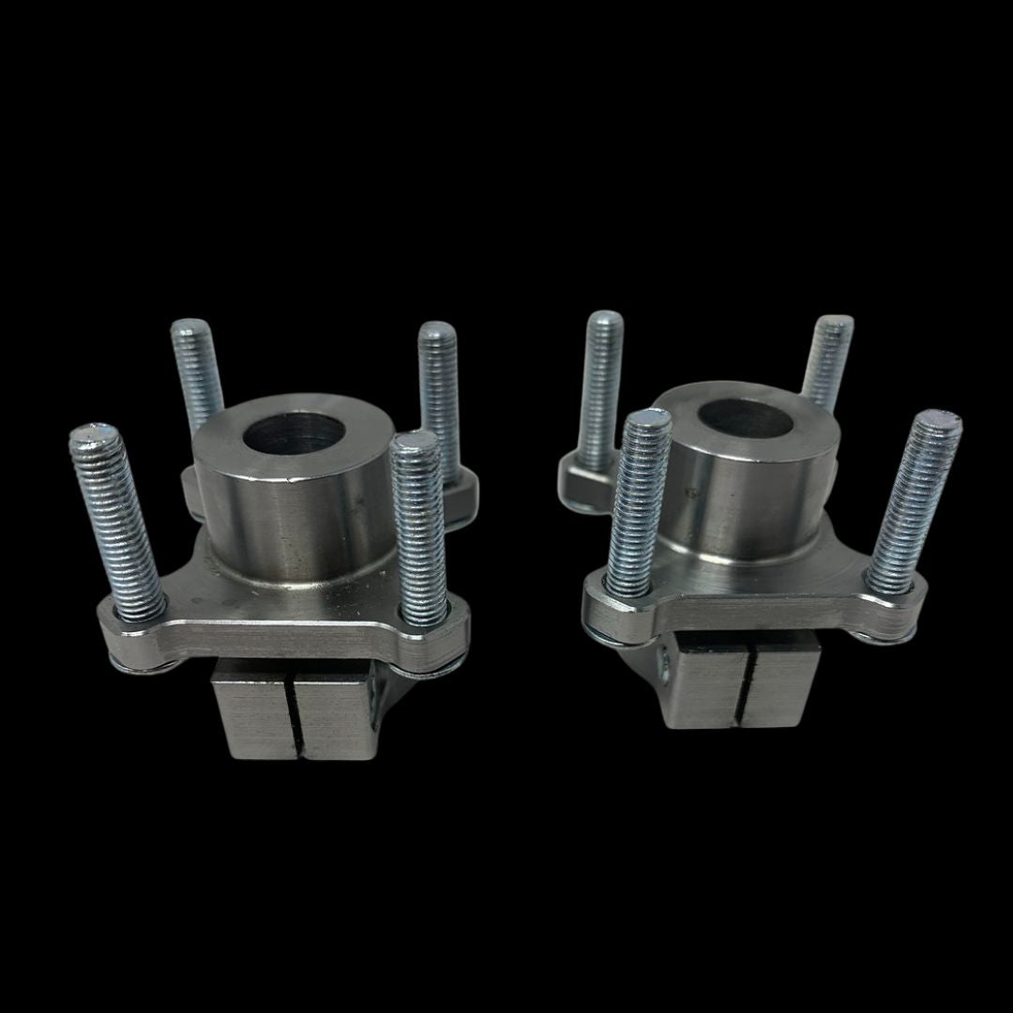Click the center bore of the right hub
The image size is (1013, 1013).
747,419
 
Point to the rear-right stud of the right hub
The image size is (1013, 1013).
826,361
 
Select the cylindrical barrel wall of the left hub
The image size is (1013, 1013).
281,525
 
